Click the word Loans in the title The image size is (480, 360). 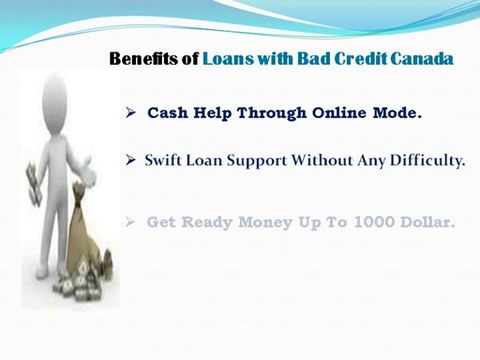[225, 59]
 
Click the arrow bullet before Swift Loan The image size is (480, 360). [130, 160]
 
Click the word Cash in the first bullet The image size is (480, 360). [169, 113]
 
